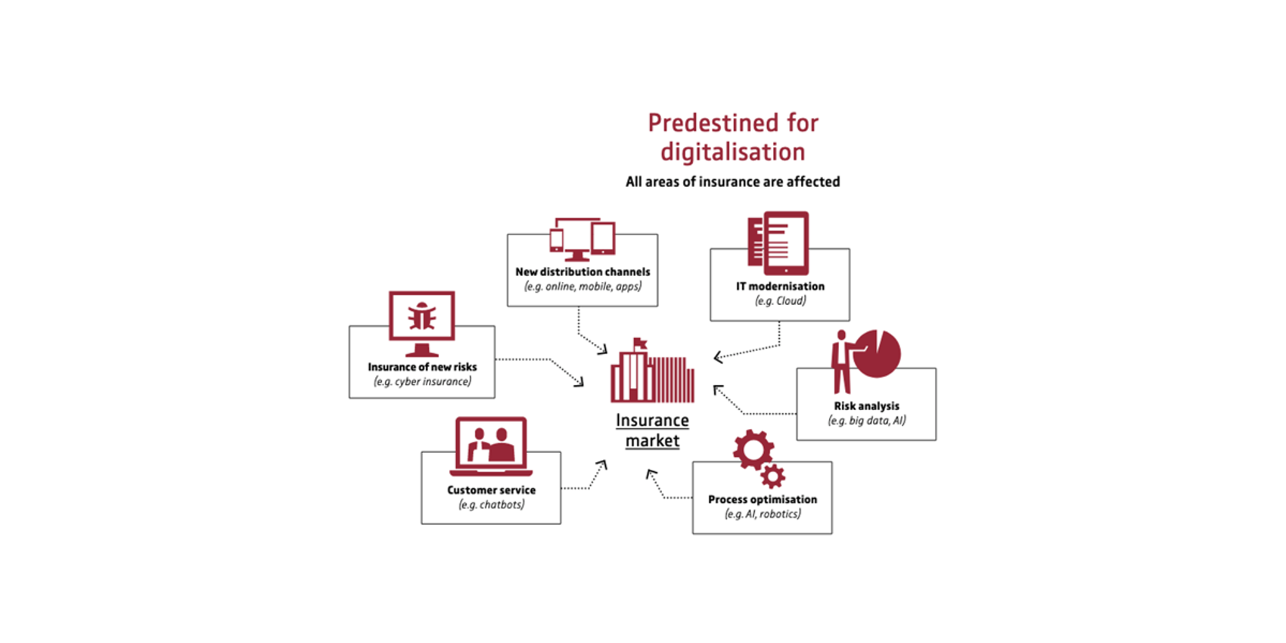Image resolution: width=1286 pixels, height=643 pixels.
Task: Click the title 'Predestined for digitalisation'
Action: (732, 137)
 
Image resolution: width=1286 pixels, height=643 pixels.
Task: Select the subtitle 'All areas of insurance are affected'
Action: (732, 182)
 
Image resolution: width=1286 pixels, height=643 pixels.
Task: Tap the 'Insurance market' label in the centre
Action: (652, 430)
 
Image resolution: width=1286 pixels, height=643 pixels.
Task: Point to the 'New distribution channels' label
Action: (582, 272)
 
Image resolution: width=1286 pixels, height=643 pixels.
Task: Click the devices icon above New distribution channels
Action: (582, 239)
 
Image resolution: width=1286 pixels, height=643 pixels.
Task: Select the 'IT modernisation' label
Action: (780, 286)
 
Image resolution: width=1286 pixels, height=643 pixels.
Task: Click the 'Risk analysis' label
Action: (866, 405)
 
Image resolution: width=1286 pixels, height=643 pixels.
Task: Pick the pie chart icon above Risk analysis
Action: (878, 353)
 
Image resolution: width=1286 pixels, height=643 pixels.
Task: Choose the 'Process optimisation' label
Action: (762, 499)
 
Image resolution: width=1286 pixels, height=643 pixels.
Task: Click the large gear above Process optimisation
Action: (753, 449)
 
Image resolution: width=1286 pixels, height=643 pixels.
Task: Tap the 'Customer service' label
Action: (491, 490)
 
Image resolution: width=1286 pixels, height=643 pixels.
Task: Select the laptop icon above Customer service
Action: (491, 446)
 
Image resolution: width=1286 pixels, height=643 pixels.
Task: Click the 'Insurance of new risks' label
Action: (422, 367)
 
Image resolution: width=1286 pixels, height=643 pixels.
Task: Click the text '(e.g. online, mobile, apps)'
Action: (582, 287)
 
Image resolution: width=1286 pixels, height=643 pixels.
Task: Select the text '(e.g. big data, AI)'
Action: (866, 421)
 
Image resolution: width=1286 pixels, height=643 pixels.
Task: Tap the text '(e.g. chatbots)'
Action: (491, 505)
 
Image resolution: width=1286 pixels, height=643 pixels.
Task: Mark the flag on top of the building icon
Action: (641, 343)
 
